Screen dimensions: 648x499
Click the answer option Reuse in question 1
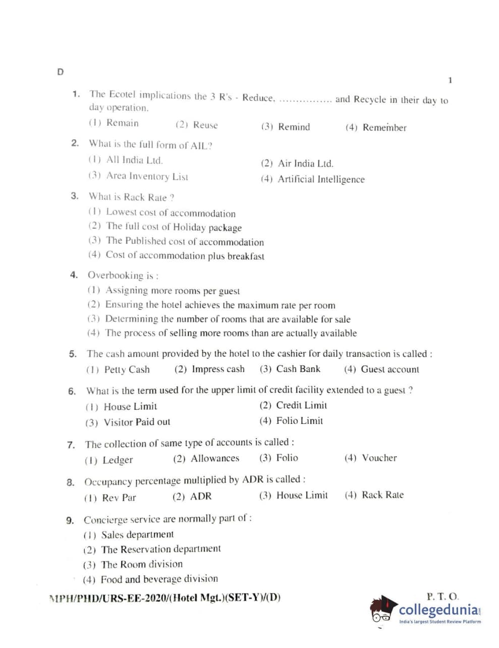tap(197, 125)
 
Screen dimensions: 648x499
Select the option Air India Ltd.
tap(297, 164)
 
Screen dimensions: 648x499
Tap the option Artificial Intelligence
tap(313, 179)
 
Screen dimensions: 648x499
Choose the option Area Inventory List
tap(138, 176)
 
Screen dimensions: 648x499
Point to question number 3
tap(75, 196)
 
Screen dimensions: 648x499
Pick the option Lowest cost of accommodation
tap(162, 213)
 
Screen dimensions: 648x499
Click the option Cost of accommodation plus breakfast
tap(176, 255)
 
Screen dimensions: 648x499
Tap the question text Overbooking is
tap(123, 275)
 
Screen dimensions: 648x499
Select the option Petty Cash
tap(118, 369)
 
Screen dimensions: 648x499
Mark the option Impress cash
tap(209, 369)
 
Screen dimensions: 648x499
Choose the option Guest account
tap(381, 369)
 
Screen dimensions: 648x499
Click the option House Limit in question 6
tap(121, 406)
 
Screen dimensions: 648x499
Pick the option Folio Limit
tap(291, 421)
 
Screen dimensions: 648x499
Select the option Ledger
tap(109, 460)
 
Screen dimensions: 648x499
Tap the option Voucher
tap(371, 458)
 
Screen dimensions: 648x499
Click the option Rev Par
tap(110, 498)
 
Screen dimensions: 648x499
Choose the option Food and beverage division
tap(150, 579)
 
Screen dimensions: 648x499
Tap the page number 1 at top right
tap(450, 80)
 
